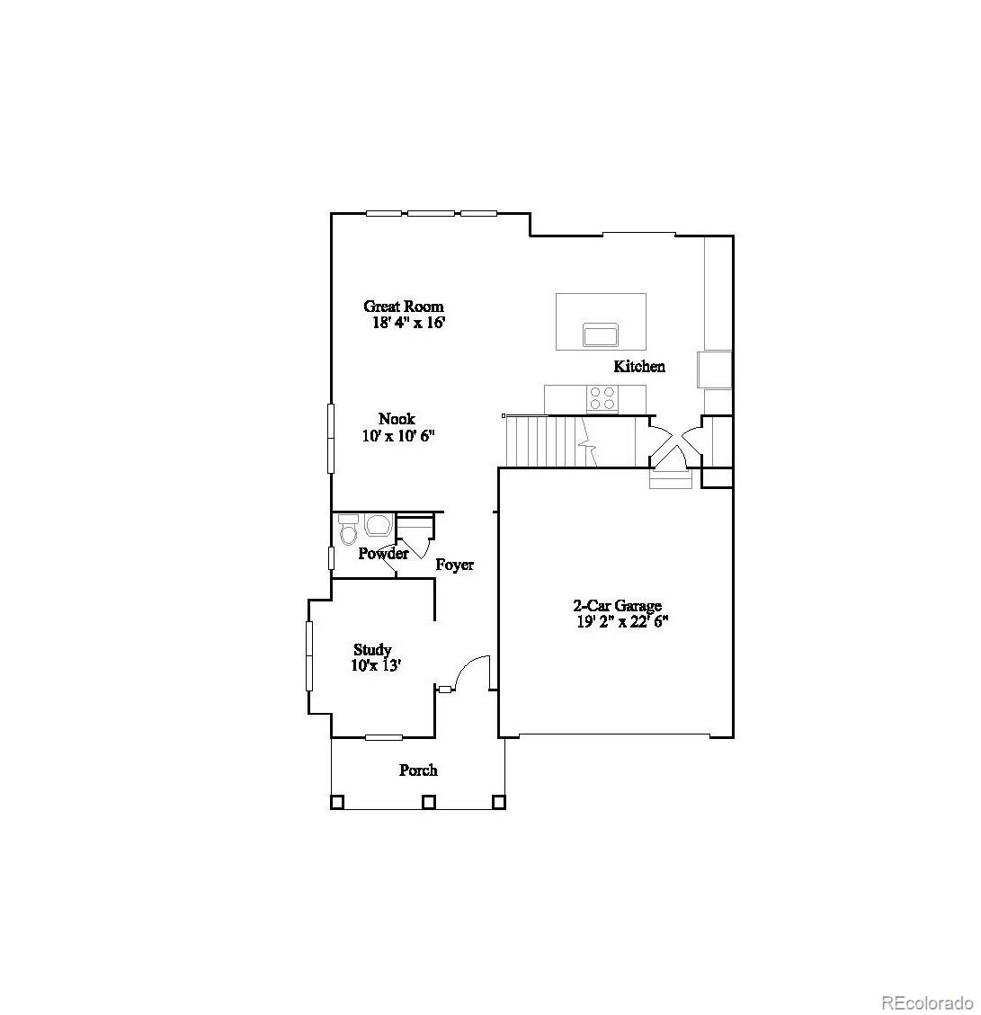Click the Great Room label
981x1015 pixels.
[x=403, y=307]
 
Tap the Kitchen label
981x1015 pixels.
[x=639, y=366]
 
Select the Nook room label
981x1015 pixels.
[x=397, y=419]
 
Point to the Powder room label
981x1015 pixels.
[x=383, y=554]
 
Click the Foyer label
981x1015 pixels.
[x=455, y=565]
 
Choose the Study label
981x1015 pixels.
[x=372, y=650]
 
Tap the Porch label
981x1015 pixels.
[x=418, y=770]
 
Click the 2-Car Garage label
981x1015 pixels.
[x=618, y=606]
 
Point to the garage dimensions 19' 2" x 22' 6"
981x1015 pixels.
[x=623, y=621]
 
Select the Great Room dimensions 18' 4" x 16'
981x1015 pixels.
[x=409, y=323]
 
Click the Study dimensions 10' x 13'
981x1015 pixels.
[x=375, y=666]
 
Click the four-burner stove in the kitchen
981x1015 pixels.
[x=602, y=397]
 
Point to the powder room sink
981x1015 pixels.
[x=379, y=525]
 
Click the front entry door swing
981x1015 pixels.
[x=472, y=674]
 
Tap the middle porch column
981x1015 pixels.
[x=429, y=801]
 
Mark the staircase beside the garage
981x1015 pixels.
[x=548, y=441]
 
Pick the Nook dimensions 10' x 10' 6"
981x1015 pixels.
[x=398, y=436]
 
